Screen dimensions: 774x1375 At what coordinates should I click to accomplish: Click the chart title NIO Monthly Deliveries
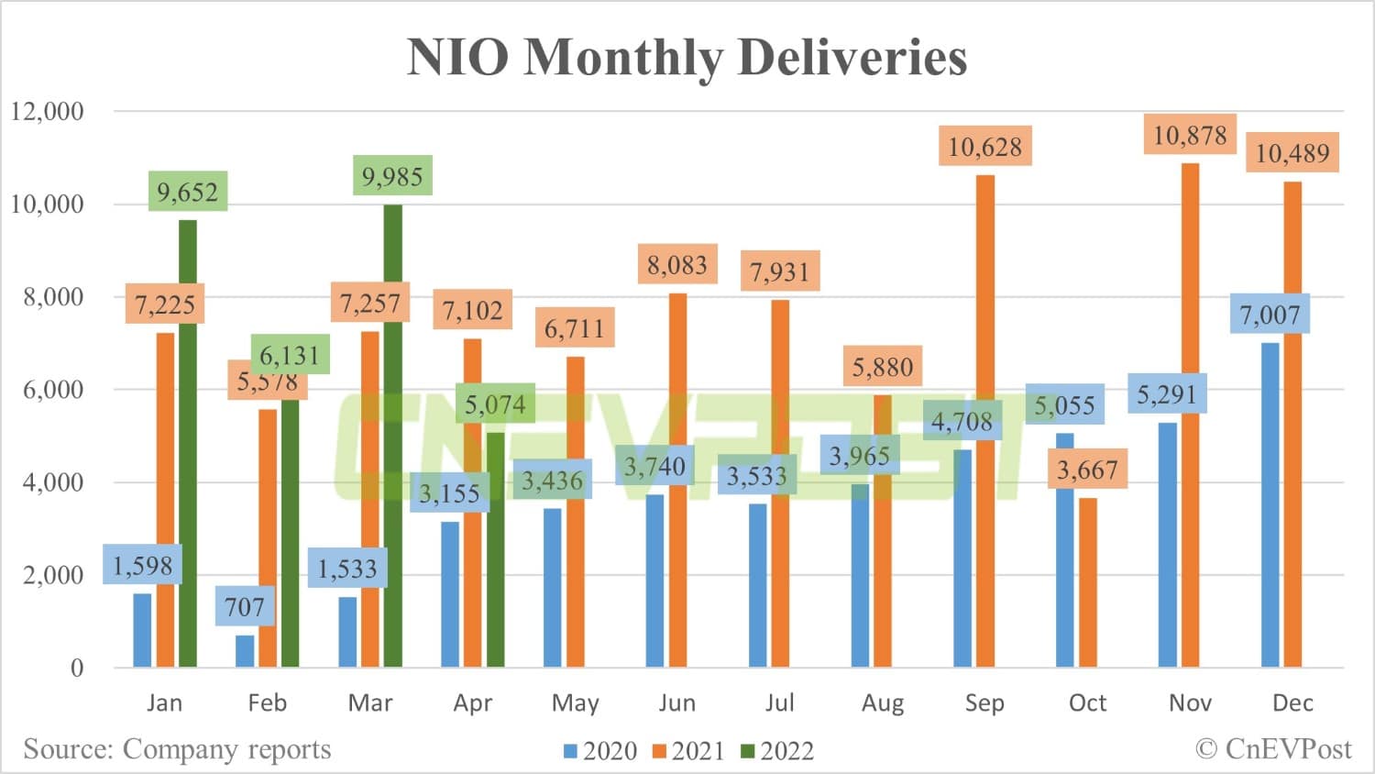coord(687,57)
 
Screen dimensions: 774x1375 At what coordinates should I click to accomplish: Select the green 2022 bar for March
coord(392,440)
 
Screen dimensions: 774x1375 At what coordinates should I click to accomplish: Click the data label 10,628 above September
coord(984,147)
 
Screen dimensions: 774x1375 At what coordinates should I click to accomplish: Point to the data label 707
coord(245,607)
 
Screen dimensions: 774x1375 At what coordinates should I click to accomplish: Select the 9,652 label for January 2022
coord(187,193)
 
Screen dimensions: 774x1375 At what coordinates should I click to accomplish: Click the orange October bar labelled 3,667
coord(1087,587)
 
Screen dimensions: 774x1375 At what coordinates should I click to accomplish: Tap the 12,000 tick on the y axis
coord(47,112)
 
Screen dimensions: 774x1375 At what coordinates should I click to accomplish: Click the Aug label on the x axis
coord(882,703)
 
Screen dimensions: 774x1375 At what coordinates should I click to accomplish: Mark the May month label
coord(575,703)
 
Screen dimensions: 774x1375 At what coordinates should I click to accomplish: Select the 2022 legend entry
coord(777,751)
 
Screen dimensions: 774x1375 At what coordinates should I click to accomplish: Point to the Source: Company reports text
coord(177,749)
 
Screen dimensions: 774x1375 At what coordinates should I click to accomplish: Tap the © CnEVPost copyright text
coord(1273,749)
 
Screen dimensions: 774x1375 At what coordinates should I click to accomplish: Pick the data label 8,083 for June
coord(677,265)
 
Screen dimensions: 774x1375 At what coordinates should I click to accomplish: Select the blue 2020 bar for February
coord(245,651)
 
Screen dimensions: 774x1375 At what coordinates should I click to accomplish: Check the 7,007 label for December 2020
coord(1270,315)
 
